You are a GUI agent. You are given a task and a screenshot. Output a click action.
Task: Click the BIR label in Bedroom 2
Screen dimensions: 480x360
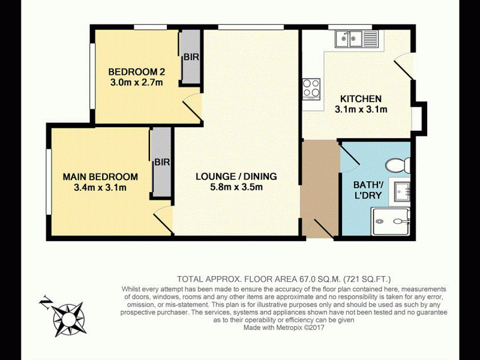click(191, 57)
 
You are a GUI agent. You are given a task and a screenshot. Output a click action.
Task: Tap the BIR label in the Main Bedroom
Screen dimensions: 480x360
click(162, 162)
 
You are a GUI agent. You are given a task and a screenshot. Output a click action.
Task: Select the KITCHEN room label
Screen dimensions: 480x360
click(361, 99)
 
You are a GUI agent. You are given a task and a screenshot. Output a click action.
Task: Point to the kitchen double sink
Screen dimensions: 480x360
click(356, 39)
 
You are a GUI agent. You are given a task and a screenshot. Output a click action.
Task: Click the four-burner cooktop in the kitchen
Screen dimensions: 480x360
click(311, 88)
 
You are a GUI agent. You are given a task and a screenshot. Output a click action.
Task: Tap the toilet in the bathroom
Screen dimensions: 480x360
click(398, 166)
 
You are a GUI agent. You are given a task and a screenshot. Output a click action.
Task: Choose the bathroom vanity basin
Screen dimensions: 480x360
click(400, 191)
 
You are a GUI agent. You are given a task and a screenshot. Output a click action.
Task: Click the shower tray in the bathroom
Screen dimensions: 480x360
click(391, 221)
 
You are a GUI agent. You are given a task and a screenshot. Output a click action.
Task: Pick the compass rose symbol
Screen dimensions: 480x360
click(68, 320)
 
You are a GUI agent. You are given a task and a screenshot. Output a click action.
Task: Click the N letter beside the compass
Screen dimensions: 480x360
click(45, 302)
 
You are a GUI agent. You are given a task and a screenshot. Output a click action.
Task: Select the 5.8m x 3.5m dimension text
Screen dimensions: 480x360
click(236, 187)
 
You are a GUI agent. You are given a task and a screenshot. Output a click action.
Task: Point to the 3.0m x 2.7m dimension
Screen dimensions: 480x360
click(137, 82)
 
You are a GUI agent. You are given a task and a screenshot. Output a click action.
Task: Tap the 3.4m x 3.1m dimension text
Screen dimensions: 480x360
click(100, 187)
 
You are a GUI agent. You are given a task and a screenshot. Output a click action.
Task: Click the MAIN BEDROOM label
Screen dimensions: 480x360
click(100, 177)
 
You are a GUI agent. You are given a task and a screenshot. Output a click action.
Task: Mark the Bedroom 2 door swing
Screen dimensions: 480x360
click(192, 107)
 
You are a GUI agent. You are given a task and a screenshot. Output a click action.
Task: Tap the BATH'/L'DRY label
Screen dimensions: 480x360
click(368, 190)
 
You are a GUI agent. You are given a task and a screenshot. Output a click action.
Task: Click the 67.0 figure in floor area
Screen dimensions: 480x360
click(307, 279)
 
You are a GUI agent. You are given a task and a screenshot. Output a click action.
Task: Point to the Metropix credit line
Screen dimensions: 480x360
click(284, 328)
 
